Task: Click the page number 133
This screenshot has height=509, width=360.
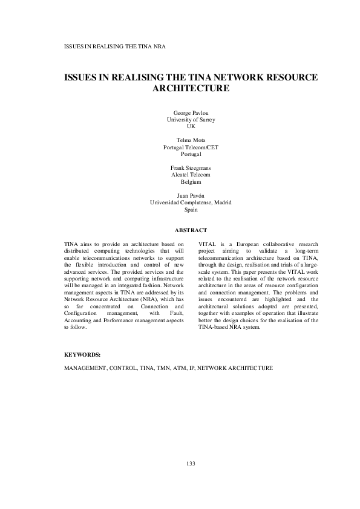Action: [191, 464]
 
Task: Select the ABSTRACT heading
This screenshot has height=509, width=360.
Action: [191, 230]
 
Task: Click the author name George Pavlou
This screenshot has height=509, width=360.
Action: [191, 113]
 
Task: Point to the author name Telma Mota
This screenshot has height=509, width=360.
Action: [191, 140]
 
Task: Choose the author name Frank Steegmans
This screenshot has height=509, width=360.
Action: [191, 167]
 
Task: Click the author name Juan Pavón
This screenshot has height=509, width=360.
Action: [191, 196]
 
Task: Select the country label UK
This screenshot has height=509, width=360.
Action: [191, 127]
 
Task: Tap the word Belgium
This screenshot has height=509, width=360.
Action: [191, 181]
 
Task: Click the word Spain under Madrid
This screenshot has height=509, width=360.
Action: [191, 210]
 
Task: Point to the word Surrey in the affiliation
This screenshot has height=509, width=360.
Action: [206, 120]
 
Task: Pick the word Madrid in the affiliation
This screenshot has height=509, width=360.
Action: [221, 203]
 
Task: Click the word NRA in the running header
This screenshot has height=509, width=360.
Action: [160, 46]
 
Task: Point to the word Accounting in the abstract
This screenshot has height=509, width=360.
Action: [80, 300]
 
